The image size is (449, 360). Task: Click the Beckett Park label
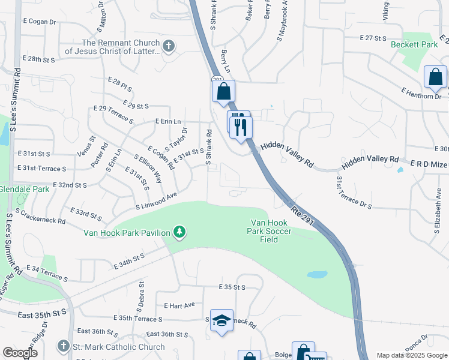pyautogui.click(x=414, y=44)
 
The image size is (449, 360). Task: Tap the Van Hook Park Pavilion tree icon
pyautogui.click(x=178, y=232)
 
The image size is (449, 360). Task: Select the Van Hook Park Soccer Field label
pyautogui.click(x=271, y=232)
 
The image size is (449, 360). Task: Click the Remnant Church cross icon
pyautogui.click(x=169, y=46)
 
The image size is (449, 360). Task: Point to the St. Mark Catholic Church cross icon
pyautogui.click(x=64, y=346)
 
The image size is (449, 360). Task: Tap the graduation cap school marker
pyautogui.click(x=221, y=321)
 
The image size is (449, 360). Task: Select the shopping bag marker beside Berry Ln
pyautogui.click(x=223, y=92)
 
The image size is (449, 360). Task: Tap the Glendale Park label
pyautogui.click(x=24, y=189)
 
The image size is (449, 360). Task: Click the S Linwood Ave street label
pyautogui.click(x=157, y=201)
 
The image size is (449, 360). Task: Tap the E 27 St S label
pyautogui.click(x=373, y=38)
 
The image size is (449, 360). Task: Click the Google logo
pyautogui.click(x=20, y=353)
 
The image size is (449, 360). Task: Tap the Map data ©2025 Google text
pyautogui.click(x=411, y=355)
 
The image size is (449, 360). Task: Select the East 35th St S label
pyautogui.click(x=42, y=314)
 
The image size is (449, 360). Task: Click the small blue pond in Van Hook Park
pyautogui.click(x=317, y=275)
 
